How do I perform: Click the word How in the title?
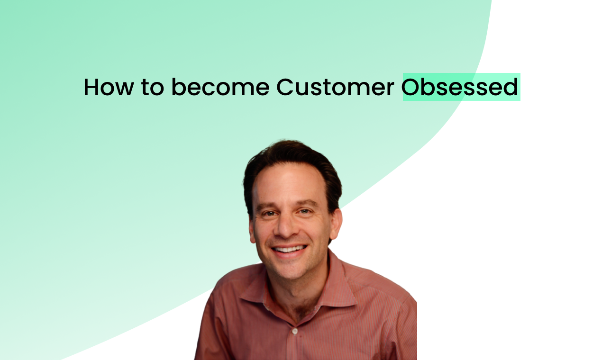(109, 88)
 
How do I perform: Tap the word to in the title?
(152, 88)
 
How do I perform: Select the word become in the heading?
(220, 88)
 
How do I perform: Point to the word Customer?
(335, 88)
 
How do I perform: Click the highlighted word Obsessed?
(461, 88)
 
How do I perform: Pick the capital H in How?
(91, 88)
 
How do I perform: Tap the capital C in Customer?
(285, 88)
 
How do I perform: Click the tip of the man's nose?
(287, 233)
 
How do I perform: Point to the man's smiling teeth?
(289, 249)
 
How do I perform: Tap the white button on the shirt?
(295, 331)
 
